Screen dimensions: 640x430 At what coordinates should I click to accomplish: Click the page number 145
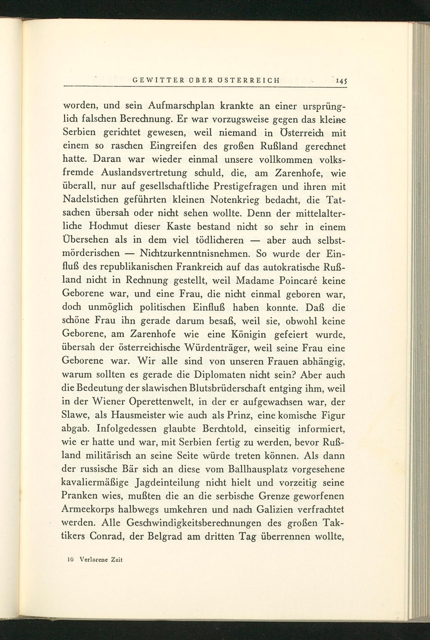[341, 80]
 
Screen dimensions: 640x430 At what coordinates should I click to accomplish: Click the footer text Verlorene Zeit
[98, 560]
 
